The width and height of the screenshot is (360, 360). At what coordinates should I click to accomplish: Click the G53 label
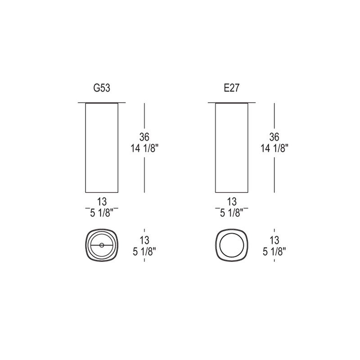(x=102, y=88)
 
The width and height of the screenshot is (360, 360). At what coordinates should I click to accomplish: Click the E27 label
(x=232, y=88)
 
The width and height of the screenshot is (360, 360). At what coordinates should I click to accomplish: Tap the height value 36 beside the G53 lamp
(x=144, y=137)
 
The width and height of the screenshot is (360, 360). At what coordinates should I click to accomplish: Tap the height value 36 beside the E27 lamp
(x=274, y=137)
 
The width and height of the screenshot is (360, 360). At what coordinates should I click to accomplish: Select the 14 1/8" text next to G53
(x=144, y=148)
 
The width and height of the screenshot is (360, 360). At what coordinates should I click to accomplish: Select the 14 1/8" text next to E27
(x=274, y=148)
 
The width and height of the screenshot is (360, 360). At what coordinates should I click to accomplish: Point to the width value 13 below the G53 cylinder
(x=102, y=202)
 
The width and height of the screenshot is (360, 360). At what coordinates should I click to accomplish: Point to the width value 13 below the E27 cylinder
(x=232, y=202)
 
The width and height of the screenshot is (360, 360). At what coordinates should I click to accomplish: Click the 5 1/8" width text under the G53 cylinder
(x=102, y=213)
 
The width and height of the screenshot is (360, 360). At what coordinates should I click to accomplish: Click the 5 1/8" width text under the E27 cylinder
(x=232, y=213)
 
